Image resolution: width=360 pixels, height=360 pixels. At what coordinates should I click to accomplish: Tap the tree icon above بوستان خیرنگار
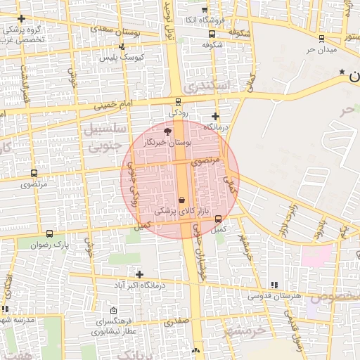167,131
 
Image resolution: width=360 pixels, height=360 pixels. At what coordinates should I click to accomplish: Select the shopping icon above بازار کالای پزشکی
182,200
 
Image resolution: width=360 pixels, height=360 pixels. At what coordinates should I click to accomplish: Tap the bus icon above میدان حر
322,39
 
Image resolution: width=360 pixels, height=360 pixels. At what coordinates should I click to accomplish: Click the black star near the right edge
342,72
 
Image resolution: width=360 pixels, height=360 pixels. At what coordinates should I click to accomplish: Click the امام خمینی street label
112,105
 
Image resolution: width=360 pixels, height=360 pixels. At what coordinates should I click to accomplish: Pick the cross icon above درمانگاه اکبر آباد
139,274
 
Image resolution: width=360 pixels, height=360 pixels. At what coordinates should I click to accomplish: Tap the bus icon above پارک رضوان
49,233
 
